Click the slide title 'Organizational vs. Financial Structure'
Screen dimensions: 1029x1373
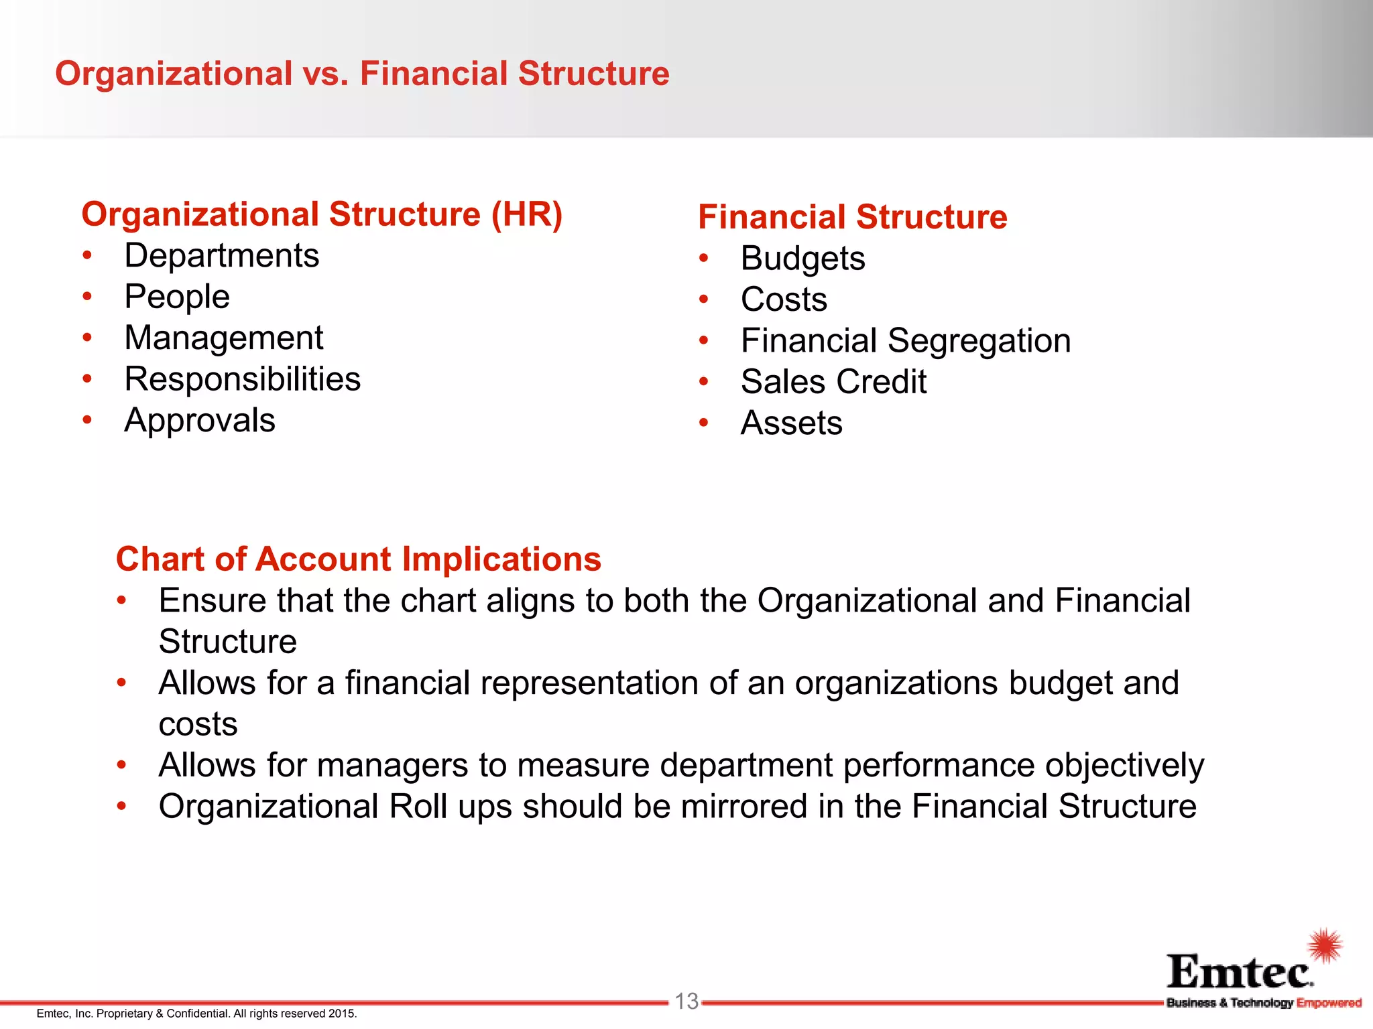click(362, 74)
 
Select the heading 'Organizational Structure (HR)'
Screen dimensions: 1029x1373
click(322, 214)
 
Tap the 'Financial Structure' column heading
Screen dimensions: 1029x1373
click(852, 217)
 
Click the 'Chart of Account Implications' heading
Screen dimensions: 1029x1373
click(359, 559)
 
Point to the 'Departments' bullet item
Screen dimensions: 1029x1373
click(222, 256)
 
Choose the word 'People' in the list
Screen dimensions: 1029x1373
click(177, 297)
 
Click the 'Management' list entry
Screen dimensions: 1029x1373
click(224, 338)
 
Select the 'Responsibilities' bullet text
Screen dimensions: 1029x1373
click(243, 379)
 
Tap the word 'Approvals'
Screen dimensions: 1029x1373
click(200, 421)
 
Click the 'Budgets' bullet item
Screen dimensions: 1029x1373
click(802, 259)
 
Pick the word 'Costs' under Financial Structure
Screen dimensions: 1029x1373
click(784, 299)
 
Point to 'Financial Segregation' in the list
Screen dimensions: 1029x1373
click(906, 341)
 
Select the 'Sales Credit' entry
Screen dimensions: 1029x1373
click(833, 382)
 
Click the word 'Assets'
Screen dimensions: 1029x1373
click(791, 423)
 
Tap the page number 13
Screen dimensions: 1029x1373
click(686, 1002)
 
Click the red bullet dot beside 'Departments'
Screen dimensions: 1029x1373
click(87, 255)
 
